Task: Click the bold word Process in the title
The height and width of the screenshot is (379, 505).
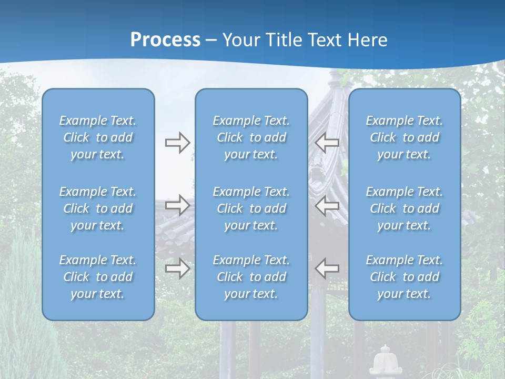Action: tap(165, 40)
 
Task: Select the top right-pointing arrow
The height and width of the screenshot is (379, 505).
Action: tap(177, 143)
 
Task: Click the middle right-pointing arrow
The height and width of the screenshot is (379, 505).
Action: tap(177, 205)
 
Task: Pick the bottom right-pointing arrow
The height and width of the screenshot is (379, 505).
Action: tap(177, 268)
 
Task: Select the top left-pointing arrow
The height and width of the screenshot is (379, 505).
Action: tap(327, 143)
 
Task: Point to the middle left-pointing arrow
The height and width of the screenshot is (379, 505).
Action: tap(327, 205)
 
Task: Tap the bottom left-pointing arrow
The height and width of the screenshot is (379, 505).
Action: tap(327, 268)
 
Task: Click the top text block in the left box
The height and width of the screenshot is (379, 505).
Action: tap(98, 137)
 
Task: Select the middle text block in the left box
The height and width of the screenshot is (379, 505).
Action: tap(98, 208)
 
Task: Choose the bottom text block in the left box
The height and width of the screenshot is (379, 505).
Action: tap(98, 277)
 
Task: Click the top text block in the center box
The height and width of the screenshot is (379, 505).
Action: tap(251, 137)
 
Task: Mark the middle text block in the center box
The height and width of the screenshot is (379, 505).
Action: tap(251, 208)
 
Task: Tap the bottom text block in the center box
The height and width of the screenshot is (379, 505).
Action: tap(251, 277)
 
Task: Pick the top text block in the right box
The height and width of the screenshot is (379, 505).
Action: tap(405, 137)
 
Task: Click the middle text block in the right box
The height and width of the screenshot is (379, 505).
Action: tap(405, 208)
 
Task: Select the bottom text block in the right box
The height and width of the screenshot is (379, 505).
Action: tap(405, 277)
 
